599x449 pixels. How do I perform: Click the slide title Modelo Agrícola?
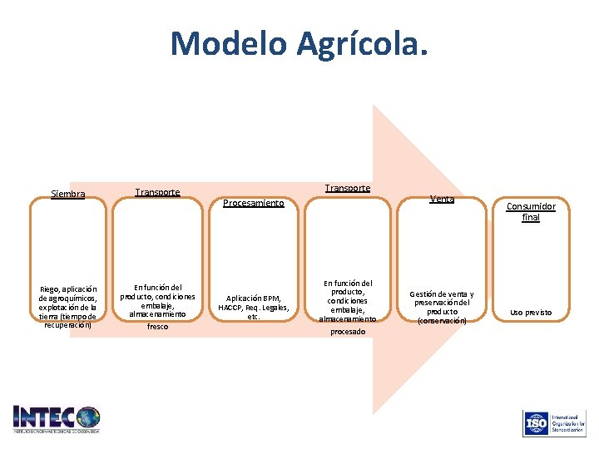[x=299, y=43]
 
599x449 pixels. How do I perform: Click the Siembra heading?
[x=68, y=195]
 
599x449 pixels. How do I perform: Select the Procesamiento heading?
[x=254, y=203]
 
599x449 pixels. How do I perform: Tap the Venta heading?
[x=442, y=199]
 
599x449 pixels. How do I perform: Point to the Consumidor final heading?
[x=531, y=211]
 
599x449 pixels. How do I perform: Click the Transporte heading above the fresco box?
[x=157, y=192]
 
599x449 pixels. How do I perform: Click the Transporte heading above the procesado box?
[x=347, y=188]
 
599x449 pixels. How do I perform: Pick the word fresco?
[x=157, y=327]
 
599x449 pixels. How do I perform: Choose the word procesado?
[x=347, y=331]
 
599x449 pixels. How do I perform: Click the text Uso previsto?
[x=531, y=313]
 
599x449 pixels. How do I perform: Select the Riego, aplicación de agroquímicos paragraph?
[x=68, y=307]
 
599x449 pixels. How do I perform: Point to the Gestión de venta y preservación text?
[x=442, y=307]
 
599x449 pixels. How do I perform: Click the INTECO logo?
[x=57, y=418]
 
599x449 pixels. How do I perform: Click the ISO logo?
[x=552, y=423]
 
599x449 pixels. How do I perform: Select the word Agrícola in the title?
[x=363, y=43]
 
